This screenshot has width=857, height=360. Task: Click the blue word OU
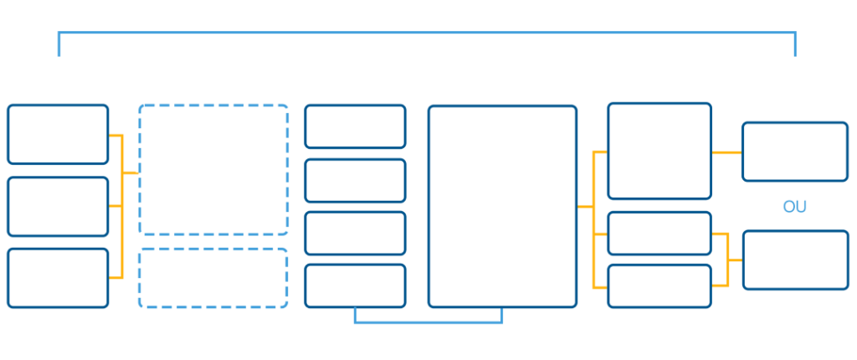tap(794, 206)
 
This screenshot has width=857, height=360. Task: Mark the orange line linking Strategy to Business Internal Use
tap(726, 152)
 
